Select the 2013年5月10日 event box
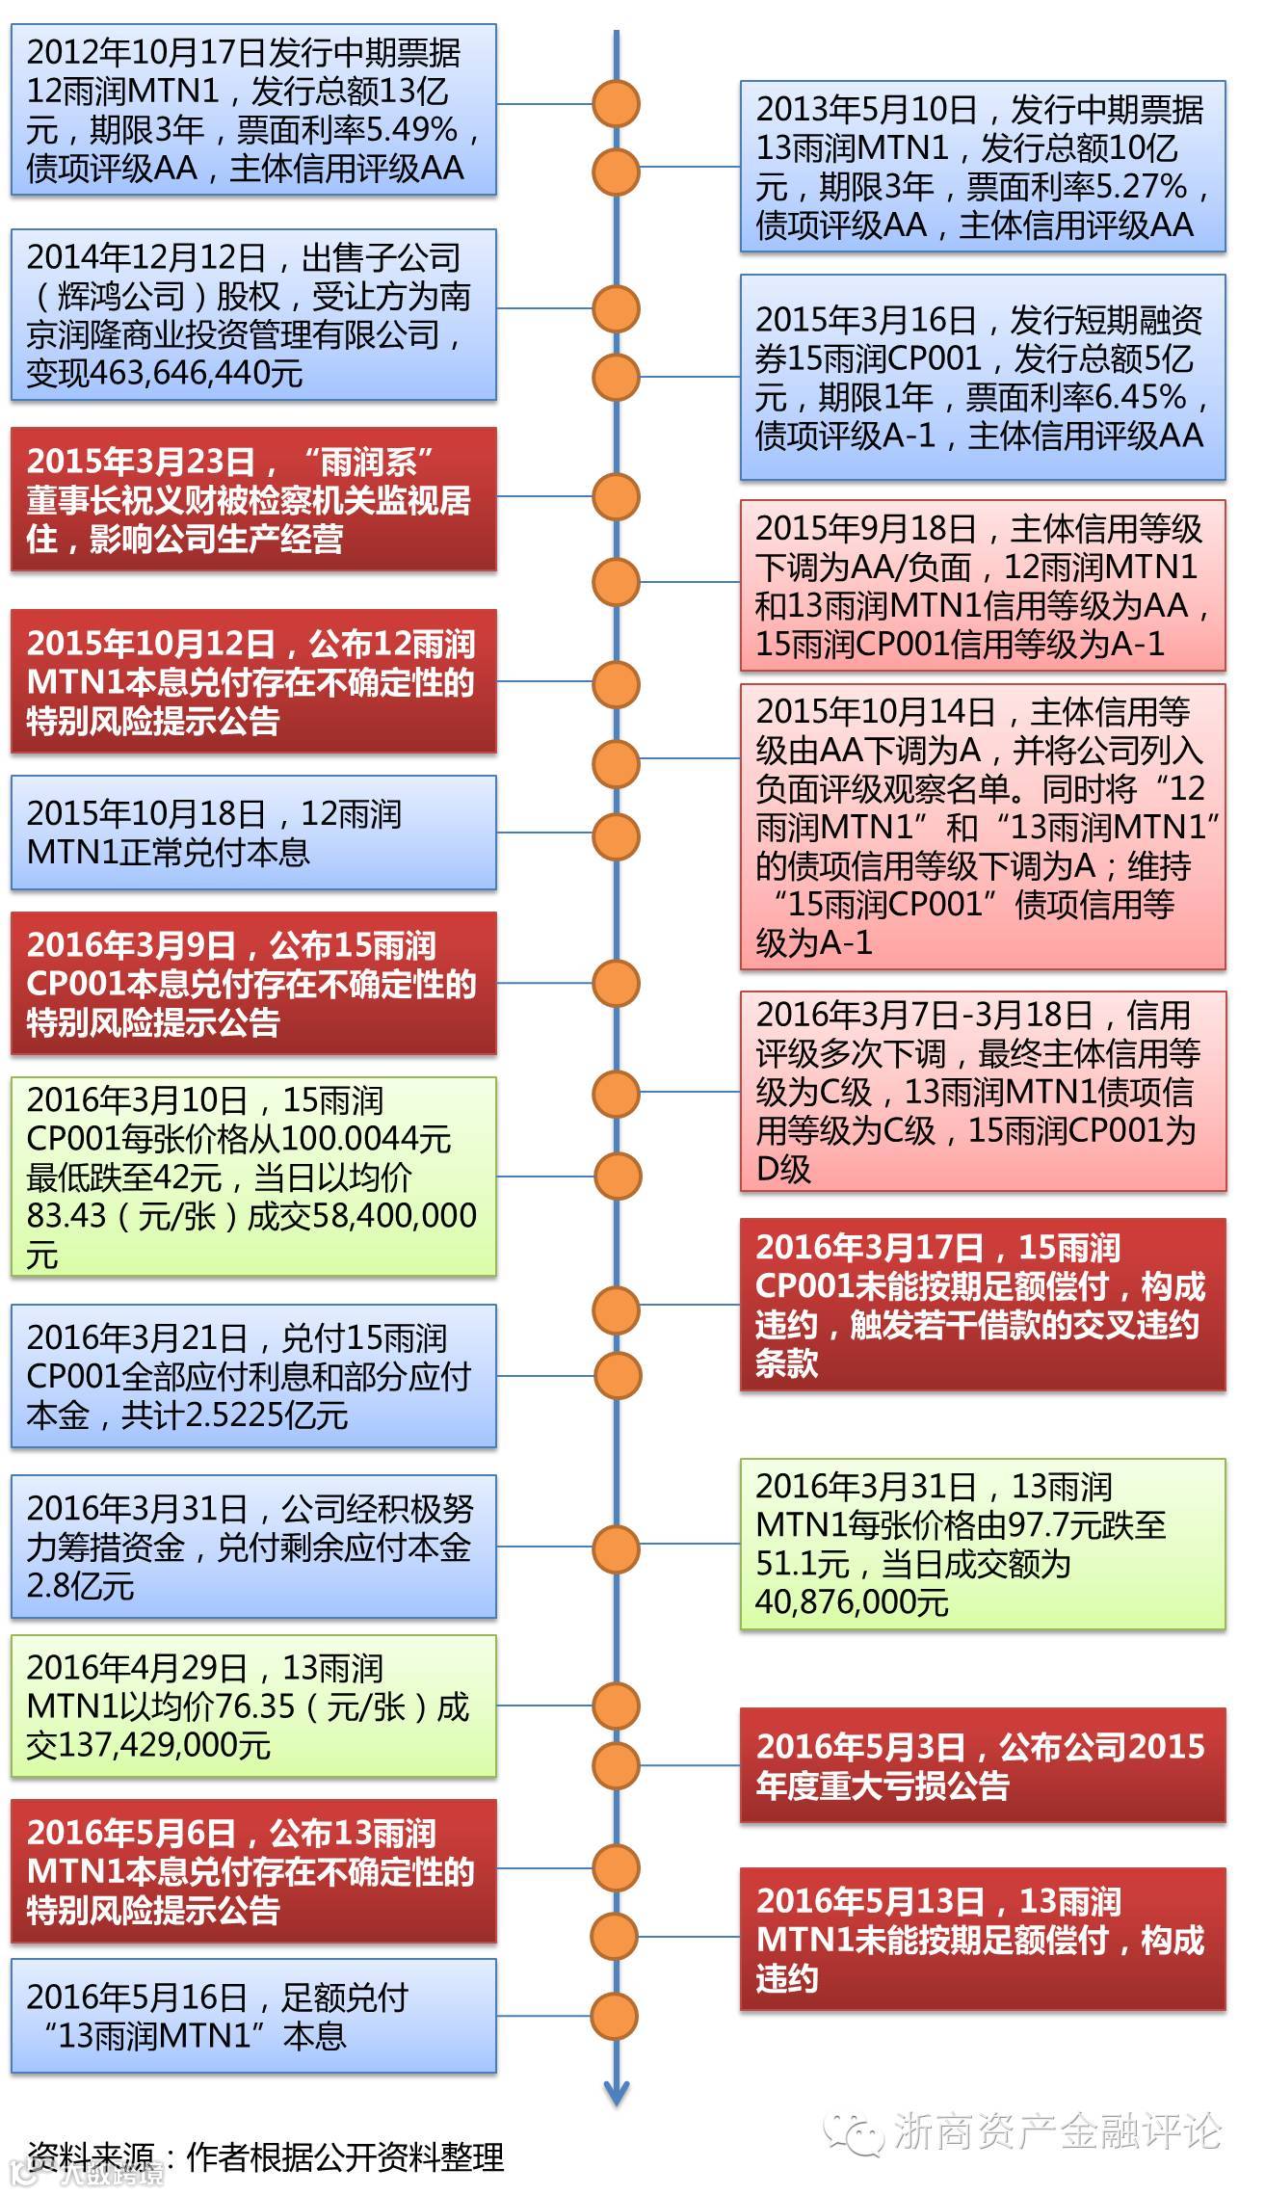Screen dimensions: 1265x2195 (x=982, y=167)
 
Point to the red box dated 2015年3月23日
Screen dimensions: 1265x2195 (x=253, y=499)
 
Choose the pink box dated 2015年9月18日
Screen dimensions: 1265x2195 (x=982, y=585)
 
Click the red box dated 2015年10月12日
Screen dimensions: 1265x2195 (x=253, y=681)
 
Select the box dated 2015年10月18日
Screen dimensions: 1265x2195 (x=253, y=833)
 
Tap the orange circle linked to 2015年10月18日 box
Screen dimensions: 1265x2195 (x=616, y=835)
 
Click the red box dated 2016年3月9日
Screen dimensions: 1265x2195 (x=253, y=983)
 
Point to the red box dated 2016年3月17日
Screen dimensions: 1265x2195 (x=982, y=1305)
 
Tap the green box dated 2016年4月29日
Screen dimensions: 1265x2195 (x=253, y=1706)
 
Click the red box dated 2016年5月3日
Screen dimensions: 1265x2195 (x=982, y=1765)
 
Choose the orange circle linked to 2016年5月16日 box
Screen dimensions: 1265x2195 (x=616, y=2016)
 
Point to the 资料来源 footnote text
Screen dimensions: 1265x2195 (x=265, y=2155)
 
